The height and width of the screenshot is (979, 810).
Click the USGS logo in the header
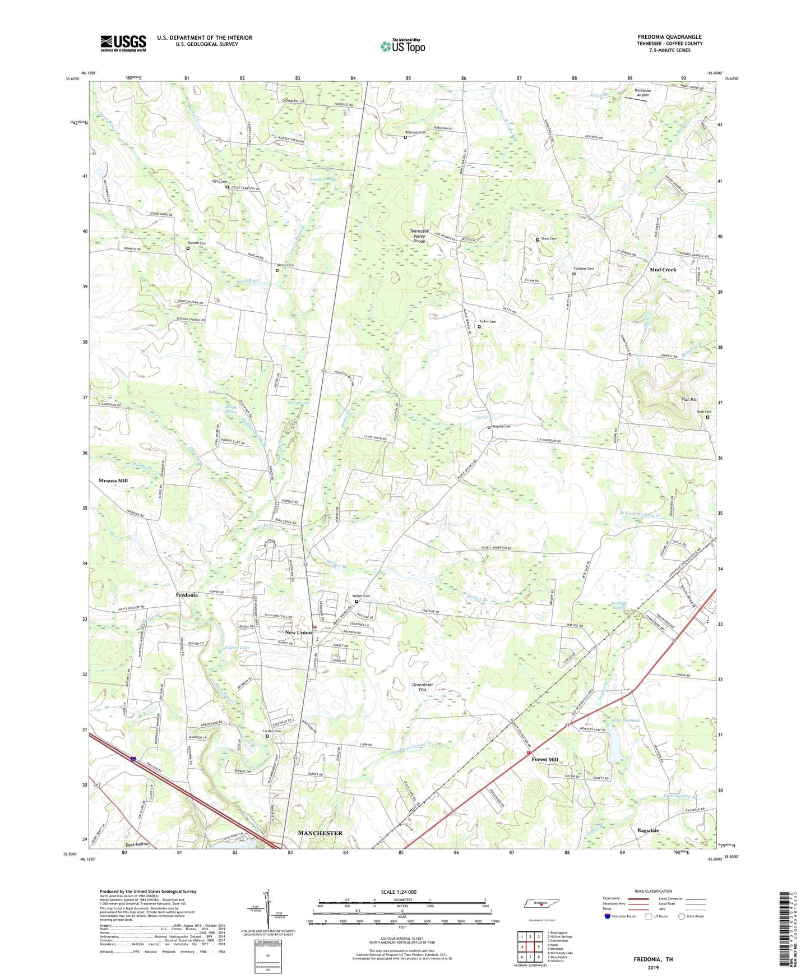coord(123,43)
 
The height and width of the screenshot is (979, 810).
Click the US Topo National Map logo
coord(402,46)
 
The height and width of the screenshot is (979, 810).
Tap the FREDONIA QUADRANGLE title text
coord(669,37)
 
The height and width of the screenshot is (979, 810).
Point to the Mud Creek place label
coord(663,270)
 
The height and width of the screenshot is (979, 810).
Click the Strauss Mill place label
coord(113,481)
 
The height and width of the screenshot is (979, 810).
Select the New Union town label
coord(298,632)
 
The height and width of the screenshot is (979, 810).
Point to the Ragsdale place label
coord(648,830)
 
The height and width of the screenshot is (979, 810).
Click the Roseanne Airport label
coord(642,93)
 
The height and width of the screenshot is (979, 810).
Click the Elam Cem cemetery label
coord(549,239)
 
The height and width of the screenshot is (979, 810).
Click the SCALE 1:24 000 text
coord(399,892)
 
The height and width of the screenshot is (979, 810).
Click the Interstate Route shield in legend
coord(608,917)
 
